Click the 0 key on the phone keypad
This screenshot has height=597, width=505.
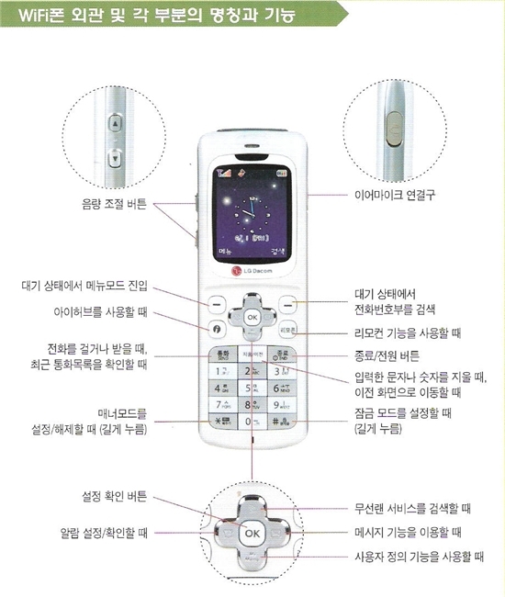252,422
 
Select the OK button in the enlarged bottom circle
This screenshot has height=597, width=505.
252,532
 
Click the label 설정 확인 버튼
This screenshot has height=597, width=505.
111,497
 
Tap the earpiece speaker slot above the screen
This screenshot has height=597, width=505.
252,145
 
